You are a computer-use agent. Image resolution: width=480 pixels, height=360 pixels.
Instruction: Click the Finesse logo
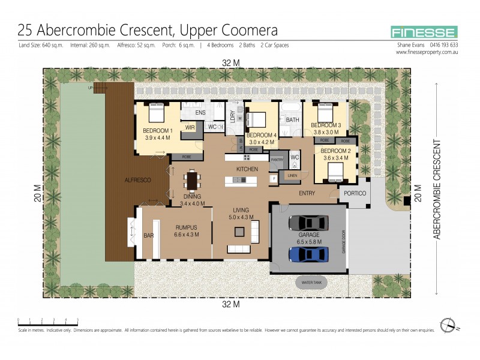pos(424,32)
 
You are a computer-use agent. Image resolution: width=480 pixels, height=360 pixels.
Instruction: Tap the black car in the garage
pos(308,223)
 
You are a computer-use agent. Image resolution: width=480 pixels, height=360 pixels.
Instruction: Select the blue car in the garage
pos(308,254)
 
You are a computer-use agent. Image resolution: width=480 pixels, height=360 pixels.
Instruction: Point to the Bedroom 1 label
pos(158,134)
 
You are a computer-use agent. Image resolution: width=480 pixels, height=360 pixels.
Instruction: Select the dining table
pos(191,180)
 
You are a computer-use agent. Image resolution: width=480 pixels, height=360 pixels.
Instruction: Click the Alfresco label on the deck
pos(137,180)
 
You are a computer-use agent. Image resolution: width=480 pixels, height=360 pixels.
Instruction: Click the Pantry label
pos(277,160)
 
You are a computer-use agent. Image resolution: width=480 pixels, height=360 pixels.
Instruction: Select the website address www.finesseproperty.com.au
pos(427,52)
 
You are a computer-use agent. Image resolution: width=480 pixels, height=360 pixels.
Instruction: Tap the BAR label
pos(149,236)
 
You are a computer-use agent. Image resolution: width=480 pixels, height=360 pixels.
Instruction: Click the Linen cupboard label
pos(292,175)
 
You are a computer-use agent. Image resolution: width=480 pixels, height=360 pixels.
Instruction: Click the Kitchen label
pos(247,169)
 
